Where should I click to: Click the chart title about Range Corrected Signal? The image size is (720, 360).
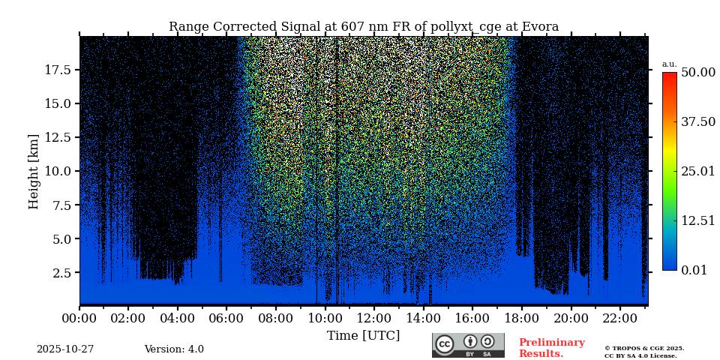(x=364, y=27)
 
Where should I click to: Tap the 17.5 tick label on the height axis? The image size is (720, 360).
(x=58, y=70)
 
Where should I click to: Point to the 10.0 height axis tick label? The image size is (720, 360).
(x=58, y=171)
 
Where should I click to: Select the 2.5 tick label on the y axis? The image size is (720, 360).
(x=61, y=273)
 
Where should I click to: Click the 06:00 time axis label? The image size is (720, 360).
(x=226, y=318)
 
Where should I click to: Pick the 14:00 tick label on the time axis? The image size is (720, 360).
(x=423, y=318)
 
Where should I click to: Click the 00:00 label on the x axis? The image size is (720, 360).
(x=79, y=318)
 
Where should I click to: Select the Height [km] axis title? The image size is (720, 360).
(x=34, y=171)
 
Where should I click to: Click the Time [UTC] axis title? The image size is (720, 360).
(x=364, y=335)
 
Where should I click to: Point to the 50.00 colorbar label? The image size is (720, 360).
(x=697, y=73)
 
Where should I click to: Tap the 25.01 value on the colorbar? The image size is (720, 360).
(x=697, y=172)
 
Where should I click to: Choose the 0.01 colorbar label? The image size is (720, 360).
(x=694, y=270)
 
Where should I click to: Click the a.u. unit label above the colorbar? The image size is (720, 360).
(x=669, y=64)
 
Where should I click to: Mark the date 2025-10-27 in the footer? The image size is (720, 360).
(x=65, y=349)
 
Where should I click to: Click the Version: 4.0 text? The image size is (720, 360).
(x=174, y=349)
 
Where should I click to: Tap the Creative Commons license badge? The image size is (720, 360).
(x=468, y=345)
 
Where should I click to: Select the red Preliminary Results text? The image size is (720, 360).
(x=551, y=348)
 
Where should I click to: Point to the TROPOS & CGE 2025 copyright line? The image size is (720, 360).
(x=644, y=348)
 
